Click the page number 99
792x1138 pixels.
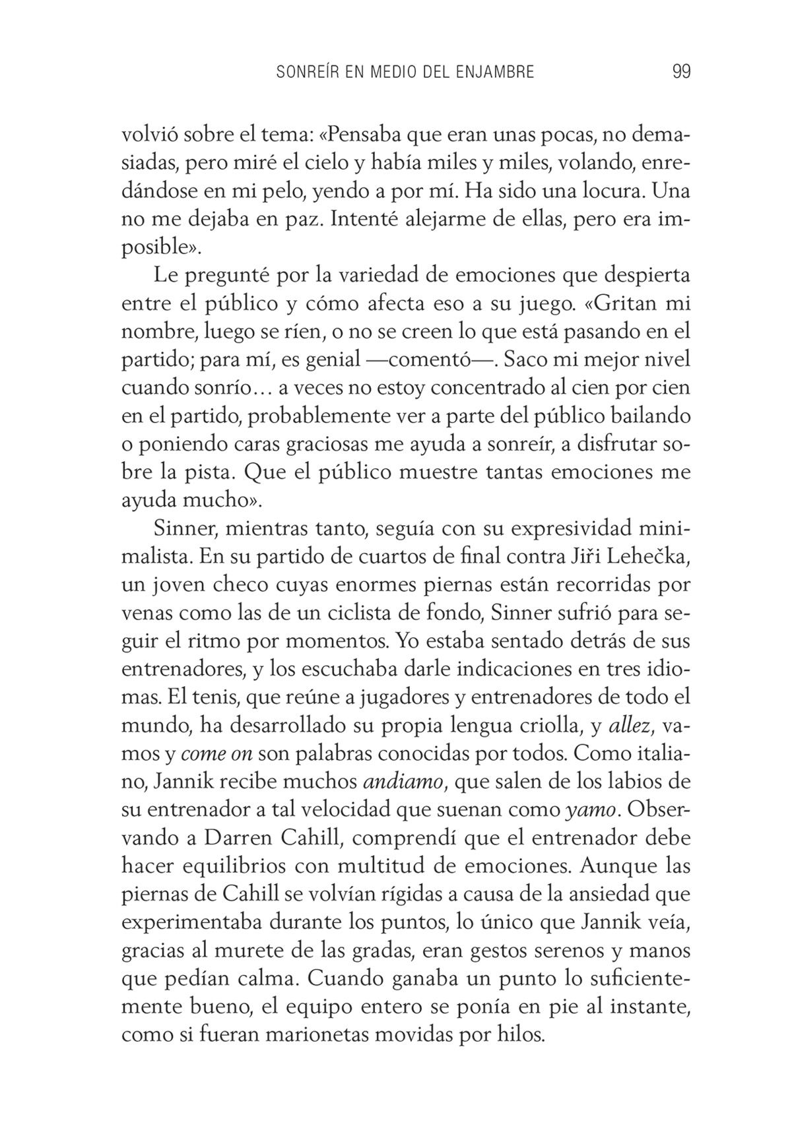coord(681,71)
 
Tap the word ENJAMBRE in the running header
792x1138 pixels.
coord(494,72)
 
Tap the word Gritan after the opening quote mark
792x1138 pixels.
coord(623,303)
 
